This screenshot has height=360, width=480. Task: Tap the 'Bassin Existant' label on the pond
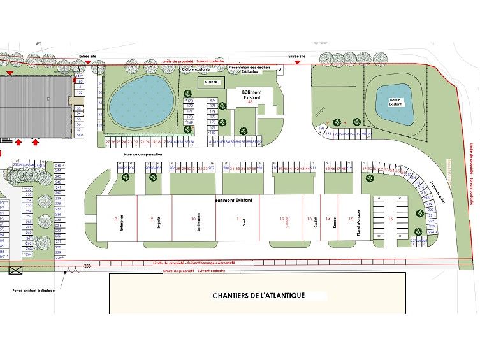tap(395, 103)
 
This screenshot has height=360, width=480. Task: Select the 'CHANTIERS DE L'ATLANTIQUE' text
tap(259, 296)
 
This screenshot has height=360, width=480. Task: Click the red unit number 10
tap(193, 219)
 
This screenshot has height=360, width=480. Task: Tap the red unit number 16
tap(389, 219)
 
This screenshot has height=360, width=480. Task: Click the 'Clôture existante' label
tap(196, 69)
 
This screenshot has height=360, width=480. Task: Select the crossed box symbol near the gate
tap(16, 269)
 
